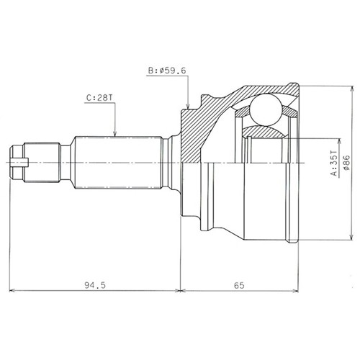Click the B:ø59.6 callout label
[167, 71]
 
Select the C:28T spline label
[99, 98]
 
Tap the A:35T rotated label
[334, 163]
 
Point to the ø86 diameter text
[347, 163]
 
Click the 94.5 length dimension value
[95, 285]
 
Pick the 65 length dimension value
[239, 285]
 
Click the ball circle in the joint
[265, 109]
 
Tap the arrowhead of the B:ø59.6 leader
[188, 106]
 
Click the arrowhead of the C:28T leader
[115, 133]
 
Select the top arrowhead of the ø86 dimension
[352, 89]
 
